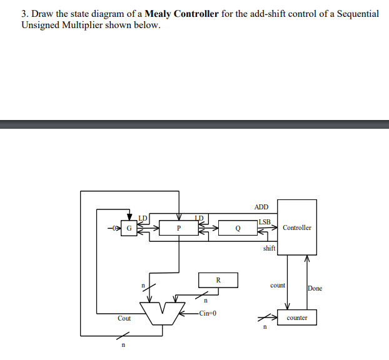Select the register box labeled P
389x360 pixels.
pos(178,228)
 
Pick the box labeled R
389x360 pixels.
pos(218,280)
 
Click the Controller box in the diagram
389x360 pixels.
pos(296,227)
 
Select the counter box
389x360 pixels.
pos(296,317)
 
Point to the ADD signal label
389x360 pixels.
pos(261,207)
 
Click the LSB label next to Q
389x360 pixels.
pos(264,222)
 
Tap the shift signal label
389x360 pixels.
pos(269,248)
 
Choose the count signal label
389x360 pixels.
pos(278,285)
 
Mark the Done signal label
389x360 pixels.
pos(315,288)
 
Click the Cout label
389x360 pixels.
pos(124,318)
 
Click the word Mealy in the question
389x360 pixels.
pos(161,14)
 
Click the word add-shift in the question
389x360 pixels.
pos(258,14)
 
